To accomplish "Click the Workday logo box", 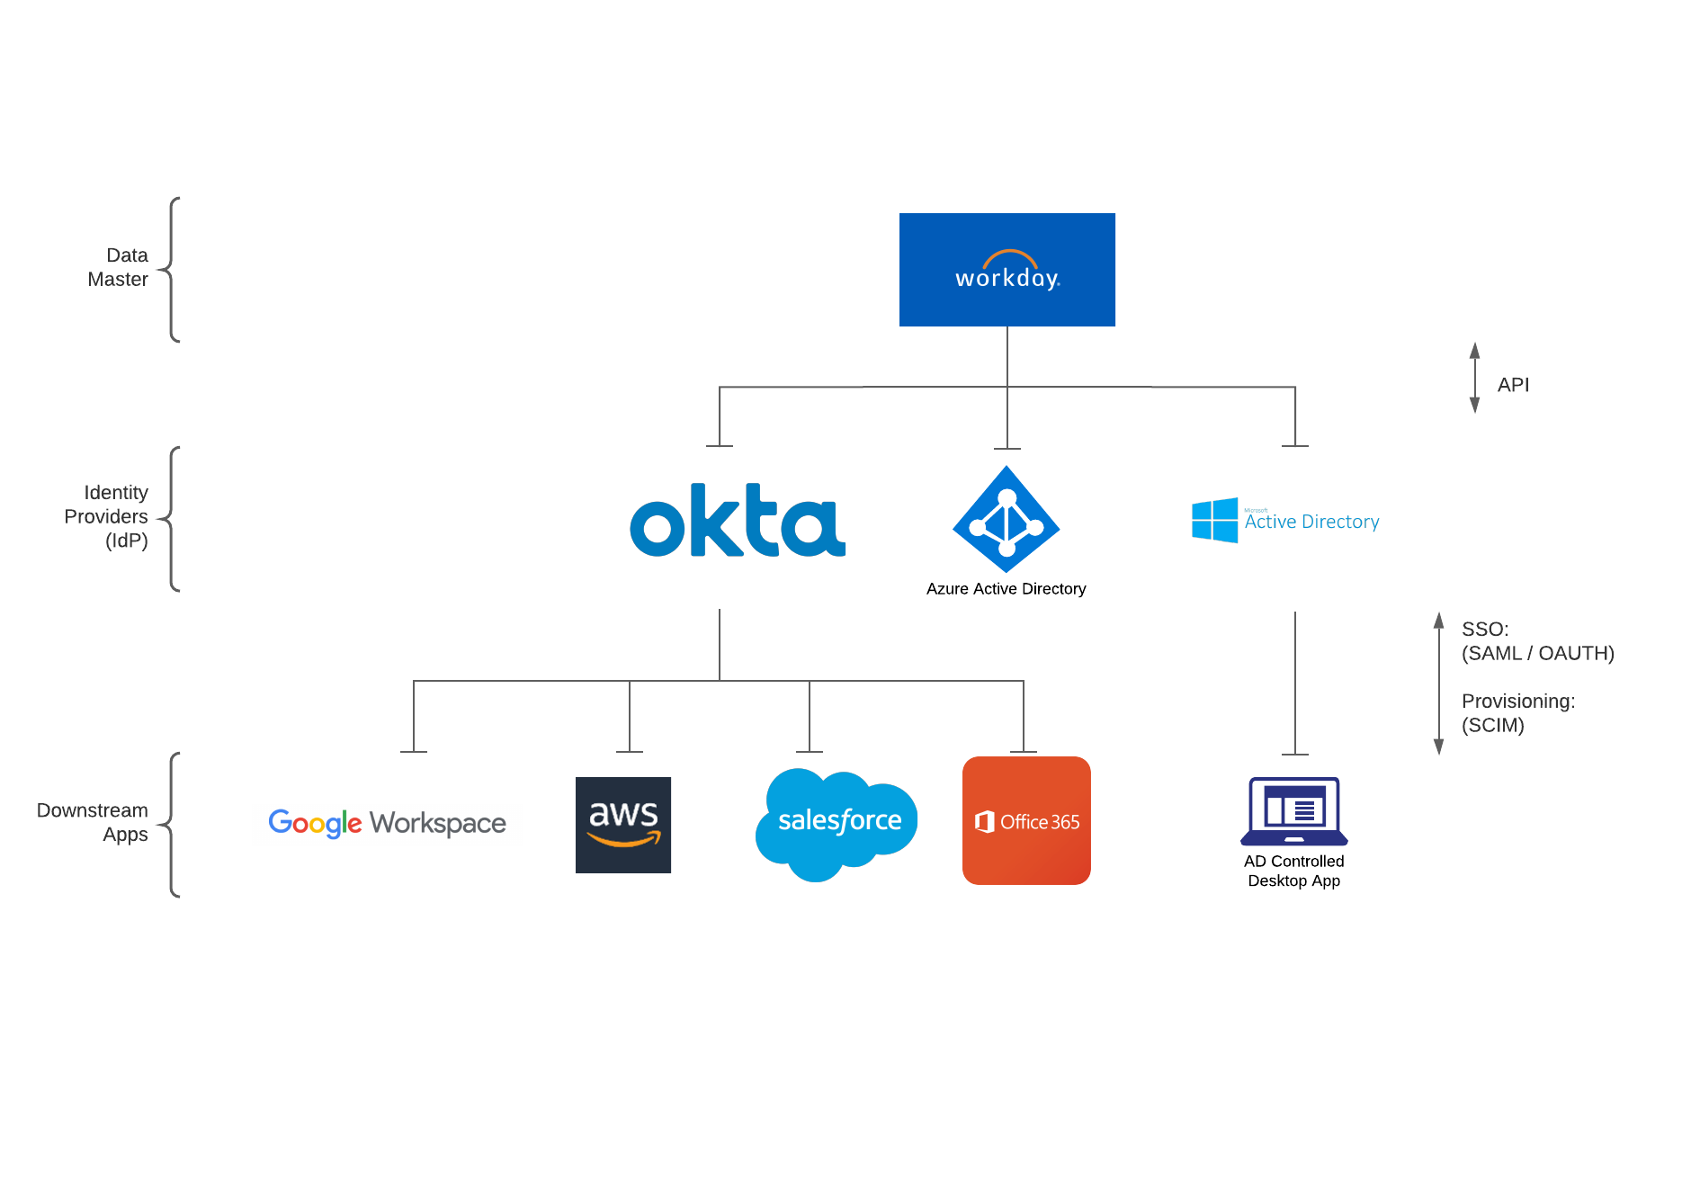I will coord(1007,270).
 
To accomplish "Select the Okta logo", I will coord(738,521).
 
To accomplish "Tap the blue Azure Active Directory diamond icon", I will coord(1007,519).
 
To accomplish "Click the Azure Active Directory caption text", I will coord(1006,589).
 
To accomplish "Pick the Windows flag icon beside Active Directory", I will coord(1214,521).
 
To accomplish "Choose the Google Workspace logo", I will coord(387,823).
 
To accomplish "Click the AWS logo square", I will coord(623,825).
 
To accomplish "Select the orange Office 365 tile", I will coord(1026,820).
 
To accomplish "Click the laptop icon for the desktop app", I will coord(1293,811).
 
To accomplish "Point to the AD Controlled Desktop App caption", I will coord(1293,871).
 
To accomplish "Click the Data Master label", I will coord(119,267).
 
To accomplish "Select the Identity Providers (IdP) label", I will coord(107,516).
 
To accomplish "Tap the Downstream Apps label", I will coord(94,822).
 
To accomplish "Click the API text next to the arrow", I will coord(1513,385).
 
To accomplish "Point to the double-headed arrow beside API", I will coord(1474,378).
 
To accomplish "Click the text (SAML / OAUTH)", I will coord(1537,653).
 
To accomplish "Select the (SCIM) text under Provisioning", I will coord(1492,725).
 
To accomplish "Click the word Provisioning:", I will coord(1517,702).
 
